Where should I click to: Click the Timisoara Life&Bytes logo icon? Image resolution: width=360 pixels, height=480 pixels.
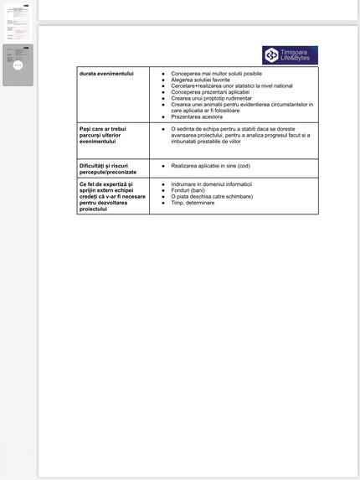pyautogui.click(x=271, y=55)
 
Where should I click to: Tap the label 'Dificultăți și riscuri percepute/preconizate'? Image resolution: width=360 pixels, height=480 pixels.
pyautogui.click(x=109, y=168)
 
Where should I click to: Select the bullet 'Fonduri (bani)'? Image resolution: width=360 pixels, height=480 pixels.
pyautogui.click(x=188, y=190)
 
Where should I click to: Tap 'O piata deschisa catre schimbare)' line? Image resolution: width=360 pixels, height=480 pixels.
pyautogui.click(x=211, y=196)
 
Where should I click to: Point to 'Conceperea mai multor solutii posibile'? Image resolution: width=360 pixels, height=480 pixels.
pyautogui.click(x=216, y=75)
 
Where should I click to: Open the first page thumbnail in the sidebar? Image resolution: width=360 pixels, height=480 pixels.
pyautogui.click(x=18, y=22)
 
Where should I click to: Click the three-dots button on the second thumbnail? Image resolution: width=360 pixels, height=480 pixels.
pyautogui.click(x=18, y=65)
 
